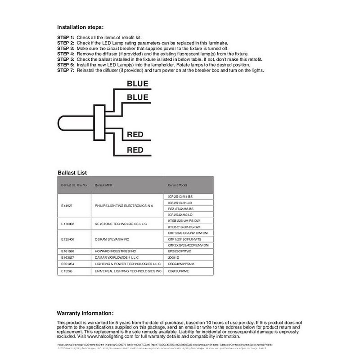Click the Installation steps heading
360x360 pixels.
tap(81, 27)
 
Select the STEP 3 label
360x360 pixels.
tap(66, 48)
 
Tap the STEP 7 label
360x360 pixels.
tap(66, 71)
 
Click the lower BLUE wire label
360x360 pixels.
tap(137, 97)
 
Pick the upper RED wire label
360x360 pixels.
tap(135, 134)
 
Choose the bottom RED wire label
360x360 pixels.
tap(135, 149)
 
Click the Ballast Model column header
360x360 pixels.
tap(177, 185)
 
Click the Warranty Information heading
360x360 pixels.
tap(85, 313)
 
